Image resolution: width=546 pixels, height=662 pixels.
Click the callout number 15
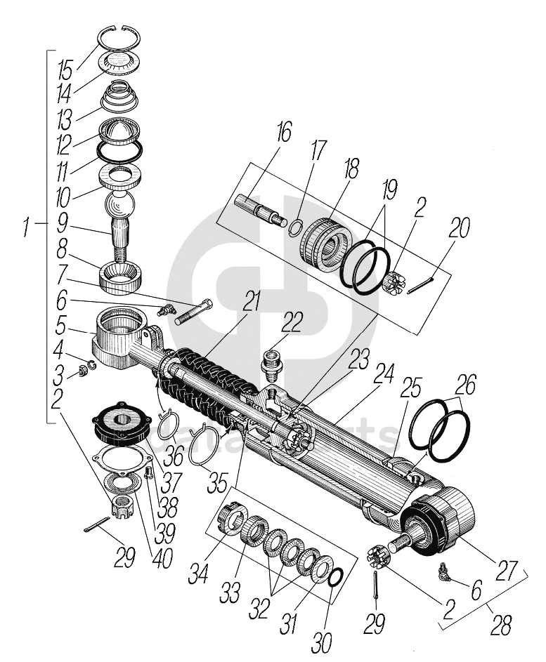pyautogui.click(x=65, y=71)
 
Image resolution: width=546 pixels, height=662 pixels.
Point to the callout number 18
pyautogui.click(x=350, y=168)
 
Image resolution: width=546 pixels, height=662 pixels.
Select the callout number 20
pyautogui.click(x=460, y=229)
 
